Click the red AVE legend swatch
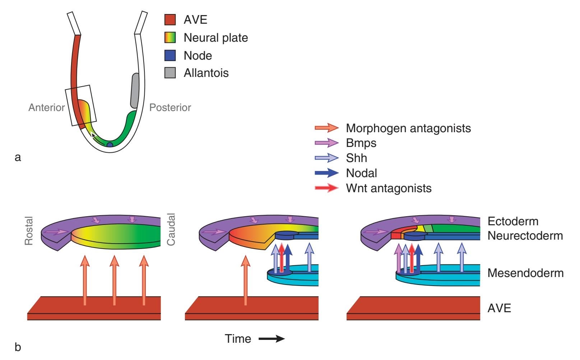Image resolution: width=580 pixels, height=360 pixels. pos(170,20)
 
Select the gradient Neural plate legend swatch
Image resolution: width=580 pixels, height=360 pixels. pos(170,38)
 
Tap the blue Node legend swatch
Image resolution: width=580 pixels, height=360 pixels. pos(170,55)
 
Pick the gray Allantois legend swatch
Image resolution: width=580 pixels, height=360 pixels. pos(170,73)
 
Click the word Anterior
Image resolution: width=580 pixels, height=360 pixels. pos(47,107)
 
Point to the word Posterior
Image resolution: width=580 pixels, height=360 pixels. pos(170,107)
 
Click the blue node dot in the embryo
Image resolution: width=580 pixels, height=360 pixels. pos(110,145)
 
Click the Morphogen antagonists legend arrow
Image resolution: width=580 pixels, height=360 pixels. pos(326,128)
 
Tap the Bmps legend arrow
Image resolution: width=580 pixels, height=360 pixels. pos(326,143)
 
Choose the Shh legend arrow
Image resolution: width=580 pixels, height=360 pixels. pos(326,158)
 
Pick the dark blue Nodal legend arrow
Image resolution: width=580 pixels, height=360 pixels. pos(326,173)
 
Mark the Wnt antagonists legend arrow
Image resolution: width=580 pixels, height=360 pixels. pos(326,188)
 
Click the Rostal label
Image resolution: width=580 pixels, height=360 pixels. pos(29,231)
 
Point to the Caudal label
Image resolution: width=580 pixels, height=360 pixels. pos(171,230)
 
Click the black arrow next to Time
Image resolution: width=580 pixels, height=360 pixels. pos(272,339)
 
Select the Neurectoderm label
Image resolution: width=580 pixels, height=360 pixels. pos(525,236)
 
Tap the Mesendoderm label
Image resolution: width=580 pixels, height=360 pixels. pos(525,273)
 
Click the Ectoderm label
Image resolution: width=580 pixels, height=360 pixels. pos(513,221)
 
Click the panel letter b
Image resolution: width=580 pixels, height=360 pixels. pos(18,347)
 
